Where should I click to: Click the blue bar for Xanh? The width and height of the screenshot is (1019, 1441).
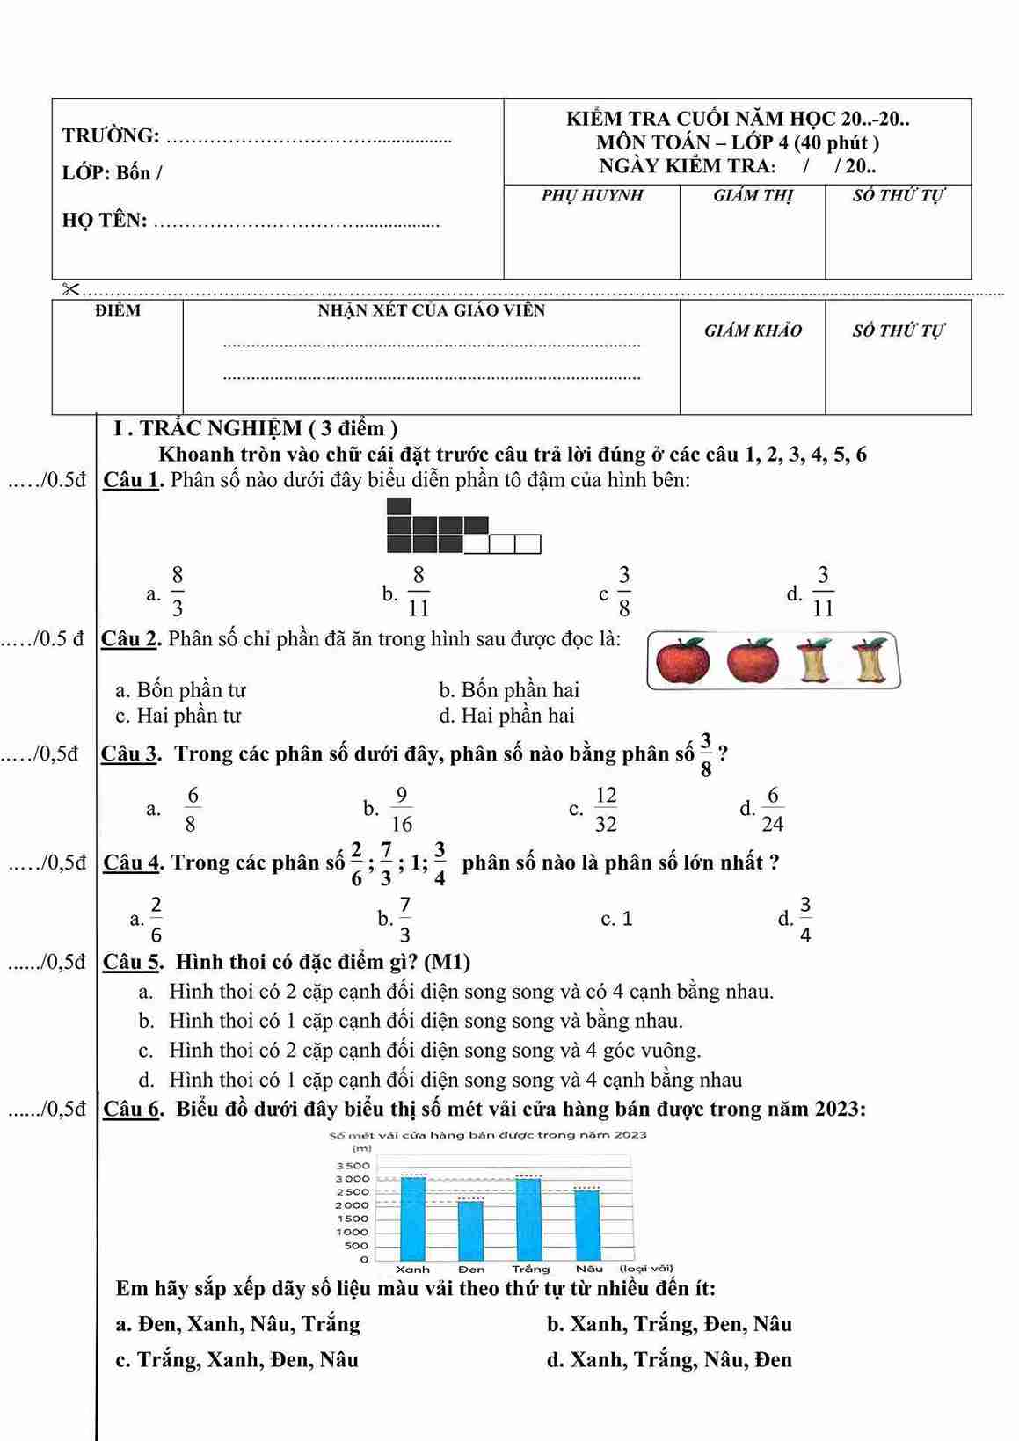[x=413, y=1218]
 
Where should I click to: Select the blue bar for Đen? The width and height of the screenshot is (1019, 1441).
[x=470, y=1230]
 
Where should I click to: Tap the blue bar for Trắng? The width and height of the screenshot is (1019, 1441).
[x=528, y=1219]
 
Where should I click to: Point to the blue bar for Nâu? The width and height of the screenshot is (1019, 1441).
[x=586, y=1224]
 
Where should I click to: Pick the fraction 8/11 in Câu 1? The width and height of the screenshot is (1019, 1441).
[x=419, y=592]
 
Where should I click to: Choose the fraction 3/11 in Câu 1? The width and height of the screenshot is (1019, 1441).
[x=822, y=592]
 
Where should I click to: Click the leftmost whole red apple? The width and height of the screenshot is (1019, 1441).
[x=683, y=661]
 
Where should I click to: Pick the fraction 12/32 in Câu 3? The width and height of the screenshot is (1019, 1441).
[x=606, y=809]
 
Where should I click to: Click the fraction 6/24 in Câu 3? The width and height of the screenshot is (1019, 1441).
[x=773, y=809]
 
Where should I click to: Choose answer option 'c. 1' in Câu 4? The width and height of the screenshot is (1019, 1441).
[x=617, y=919]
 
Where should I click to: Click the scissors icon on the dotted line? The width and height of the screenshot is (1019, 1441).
[x=70, y=289]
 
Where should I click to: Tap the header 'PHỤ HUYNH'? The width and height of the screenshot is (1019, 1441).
[x=592, y=195]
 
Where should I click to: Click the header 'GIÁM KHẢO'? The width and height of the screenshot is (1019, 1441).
[x=753, y=331]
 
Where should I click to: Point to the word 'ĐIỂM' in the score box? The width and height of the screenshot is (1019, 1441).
[x=118, y=310]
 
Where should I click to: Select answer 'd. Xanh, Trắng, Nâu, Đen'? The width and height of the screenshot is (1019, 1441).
[x=669, y=1360]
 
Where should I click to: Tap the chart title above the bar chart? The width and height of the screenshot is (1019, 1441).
[x=488, y=1135]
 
